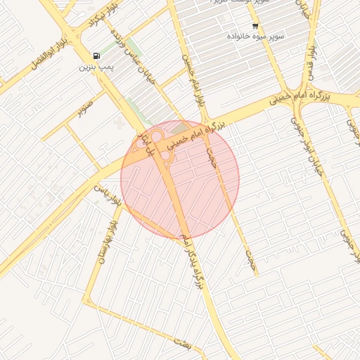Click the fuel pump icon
point(96,56)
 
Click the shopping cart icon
point(255,25)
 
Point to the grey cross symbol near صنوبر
point(117,123)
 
